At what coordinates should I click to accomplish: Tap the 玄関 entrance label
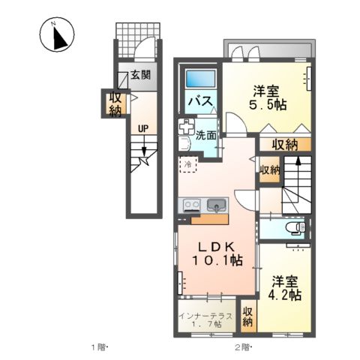140,75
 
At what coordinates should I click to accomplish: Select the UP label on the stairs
141,127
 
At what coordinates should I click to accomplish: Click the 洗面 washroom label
207,136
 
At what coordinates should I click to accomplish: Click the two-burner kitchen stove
189,204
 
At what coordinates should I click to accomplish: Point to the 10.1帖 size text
217,260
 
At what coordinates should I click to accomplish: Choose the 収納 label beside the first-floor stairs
114,104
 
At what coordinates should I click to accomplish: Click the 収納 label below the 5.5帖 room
285,144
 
